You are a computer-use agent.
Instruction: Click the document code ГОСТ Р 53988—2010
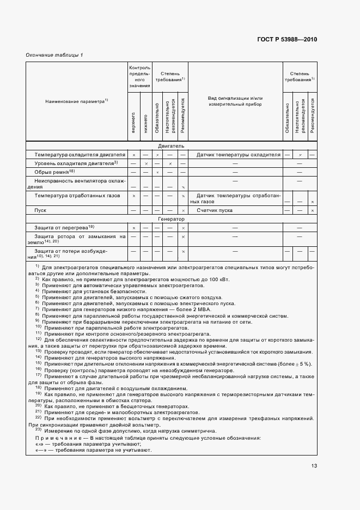pos(286,39)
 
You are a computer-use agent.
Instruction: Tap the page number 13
pos(314,465)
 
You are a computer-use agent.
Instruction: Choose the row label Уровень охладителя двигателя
pos(75,163)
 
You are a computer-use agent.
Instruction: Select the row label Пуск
pos(40,210)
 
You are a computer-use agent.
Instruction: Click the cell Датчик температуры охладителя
pos(238,155)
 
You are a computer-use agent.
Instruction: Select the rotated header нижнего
pos(145,123)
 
